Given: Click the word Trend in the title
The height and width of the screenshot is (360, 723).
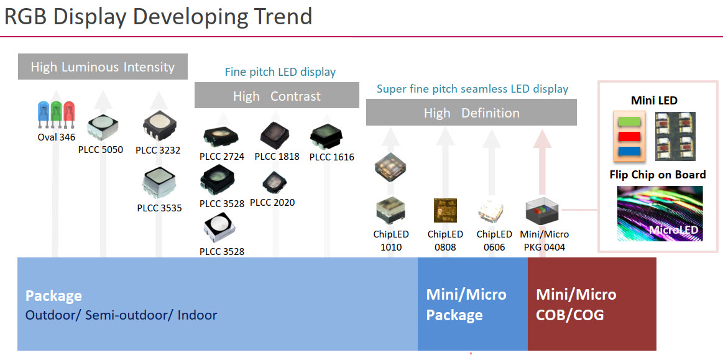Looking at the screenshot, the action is point(276,16).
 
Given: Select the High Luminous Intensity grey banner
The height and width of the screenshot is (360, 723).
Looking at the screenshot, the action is point(103,67).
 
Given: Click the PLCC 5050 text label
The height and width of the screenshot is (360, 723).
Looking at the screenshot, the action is point(101,149).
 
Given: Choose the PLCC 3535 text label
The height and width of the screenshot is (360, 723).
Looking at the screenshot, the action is point(160,208).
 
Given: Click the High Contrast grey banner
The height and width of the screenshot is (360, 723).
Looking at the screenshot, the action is point(277,95).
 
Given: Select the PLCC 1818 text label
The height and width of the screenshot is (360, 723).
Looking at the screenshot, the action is point(277,156).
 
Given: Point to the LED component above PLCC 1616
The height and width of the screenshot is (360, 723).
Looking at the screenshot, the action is point(326,136).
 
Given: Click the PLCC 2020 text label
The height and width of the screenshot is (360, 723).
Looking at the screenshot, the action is point(272,202).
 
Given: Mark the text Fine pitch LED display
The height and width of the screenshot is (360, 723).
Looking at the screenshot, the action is point(280,72).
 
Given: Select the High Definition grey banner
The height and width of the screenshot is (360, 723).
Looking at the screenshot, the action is point(471,112).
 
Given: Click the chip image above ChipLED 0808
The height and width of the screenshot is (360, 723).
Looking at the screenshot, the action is point(445,210).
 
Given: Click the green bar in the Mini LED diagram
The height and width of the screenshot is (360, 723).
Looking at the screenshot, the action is point(629,121).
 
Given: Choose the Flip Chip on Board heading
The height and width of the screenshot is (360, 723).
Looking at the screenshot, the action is point(658,175).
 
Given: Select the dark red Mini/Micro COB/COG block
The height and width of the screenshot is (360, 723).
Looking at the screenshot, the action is point(592,304).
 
